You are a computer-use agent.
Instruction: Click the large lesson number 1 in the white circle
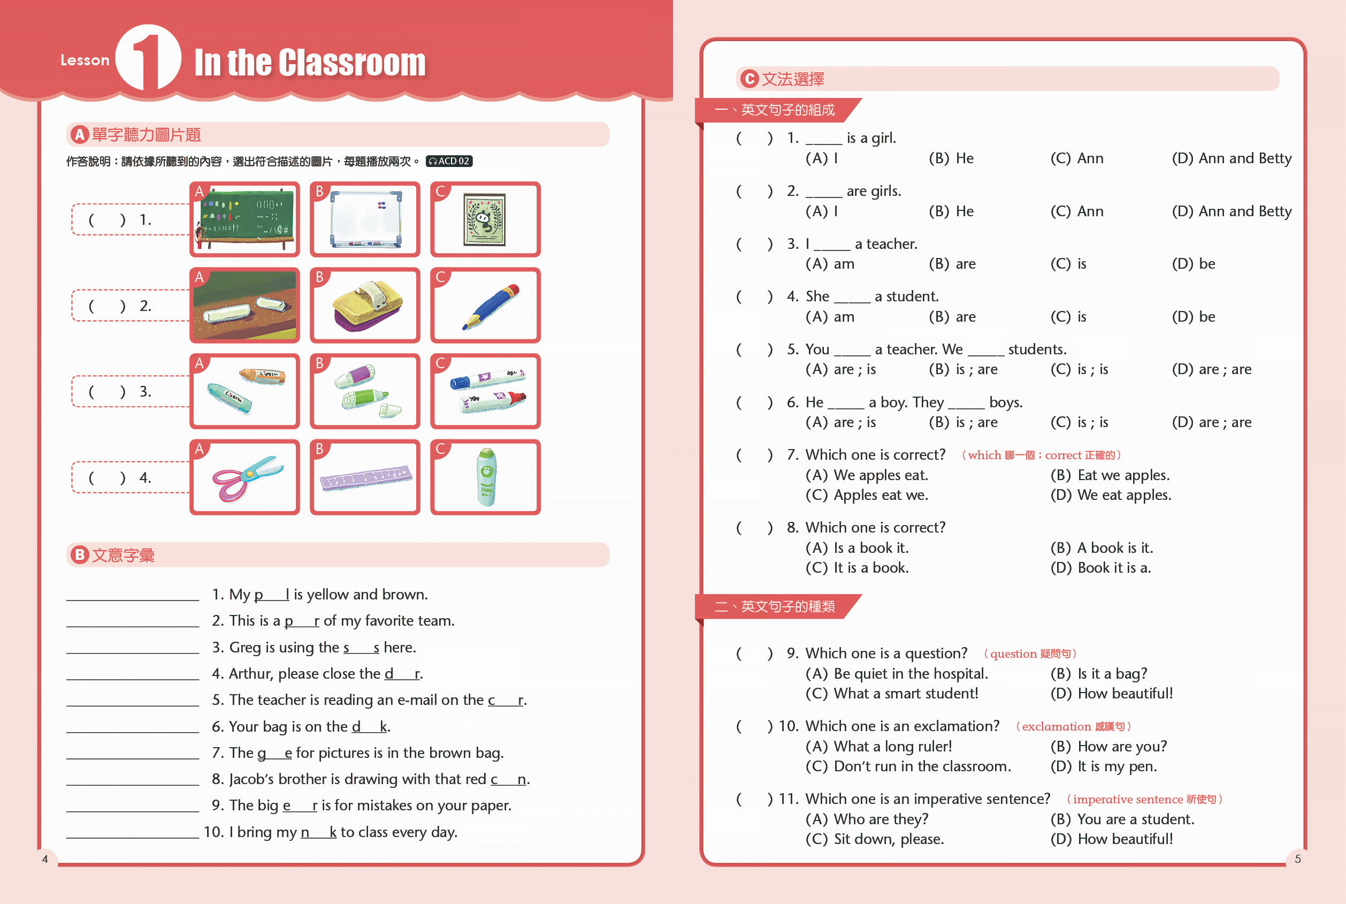coord(148,59)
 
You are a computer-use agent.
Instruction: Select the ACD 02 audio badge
coord(449,162)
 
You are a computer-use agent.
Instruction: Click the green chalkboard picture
coord(245,219)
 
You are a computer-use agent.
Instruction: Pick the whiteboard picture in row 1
coord(365,219)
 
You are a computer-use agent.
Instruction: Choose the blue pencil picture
coord(486,306)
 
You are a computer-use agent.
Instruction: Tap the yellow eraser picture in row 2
coord(365,306)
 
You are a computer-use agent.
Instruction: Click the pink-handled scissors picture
coord(245,477)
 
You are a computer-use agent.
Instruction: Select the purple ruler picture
coord(365,477)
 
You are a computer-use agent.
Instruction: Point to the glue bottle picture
coord(486,477)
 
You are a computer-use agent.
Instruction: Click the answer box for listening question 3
coord(130,392)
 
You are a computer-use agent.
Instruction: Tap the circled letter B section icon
coord(80,554)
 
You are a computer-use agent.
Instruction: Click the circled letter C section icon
coord(749,79)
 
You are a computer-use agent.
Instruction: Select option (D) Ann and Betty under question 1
coord(1232,158)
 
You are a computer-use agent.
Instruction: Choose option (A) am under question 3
coord(830,264)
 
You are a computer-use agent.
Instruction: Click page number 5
coord(1298,859)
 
